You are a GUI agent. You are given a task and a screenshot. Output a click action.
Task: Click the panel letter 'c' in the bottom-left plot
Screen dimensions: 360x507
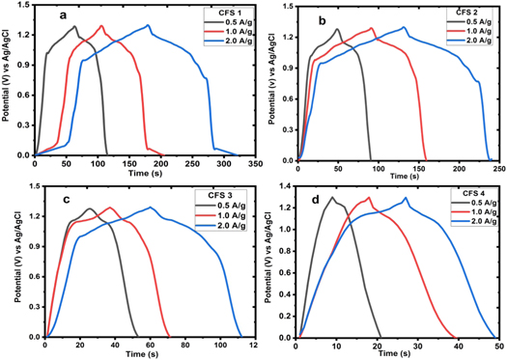click(64, 200)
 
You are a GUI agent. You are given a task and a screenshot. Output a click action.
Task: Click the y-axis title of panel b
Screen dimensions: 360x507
click(268, 82)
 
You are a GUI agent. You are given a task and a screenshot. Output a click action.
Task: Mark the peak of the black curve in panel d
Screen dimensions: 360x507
click(333, 197)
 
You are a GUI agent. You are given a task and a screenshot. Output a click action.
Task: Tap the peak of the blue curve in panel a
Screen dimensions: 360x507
click(175, 25)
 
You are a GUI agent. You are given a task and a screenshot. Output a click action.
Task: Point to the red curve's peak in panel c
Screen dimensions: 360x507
click(110, 208)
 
